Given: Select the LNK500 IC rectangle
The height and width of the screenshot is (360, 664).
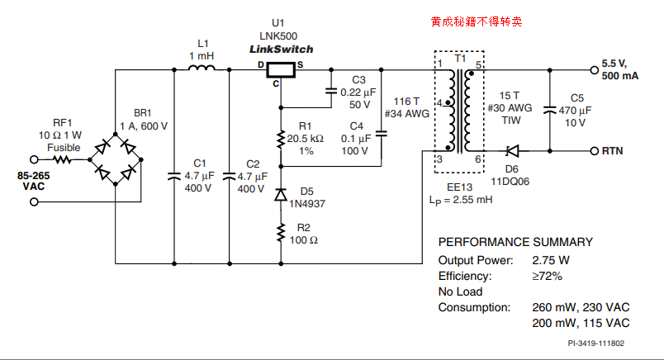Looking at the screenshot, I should tap(282, 69).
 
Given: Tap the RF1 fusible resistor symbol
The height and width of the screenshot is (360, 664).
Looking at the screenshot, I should tap(63, 159).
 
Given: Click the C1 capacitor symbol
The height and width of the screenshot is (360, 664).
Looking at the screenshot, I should tap(175, 175).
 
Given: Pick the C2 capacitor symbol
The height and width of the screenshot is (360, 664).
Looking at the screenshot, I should tap(229, 175).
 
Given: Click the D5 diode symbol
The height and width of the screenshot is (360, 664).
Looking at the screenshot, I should tap(281, 195).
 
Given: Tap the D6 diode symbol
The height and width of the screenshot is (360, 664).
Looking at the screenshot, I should tap(511, 151).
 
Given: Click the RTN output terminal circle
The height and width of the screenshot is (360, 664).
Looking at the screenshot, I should tap(594, 151).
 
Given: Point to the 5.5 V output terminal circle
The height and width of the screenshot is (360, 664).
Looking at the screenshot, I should tap(594, 69).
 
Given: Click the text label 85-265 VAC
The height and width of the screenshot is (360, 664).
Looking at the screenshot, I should tap(35, 182).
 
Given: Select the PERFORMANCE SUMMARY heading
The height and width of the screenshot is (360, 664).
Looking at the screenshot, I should tap(514, 242).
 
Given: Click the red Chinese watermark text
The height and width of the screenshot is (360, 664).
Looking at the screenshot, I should tap(476, 21).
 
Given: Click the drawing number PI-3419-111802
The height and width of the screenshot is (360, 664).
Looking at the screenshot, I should tap(595, 343).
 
